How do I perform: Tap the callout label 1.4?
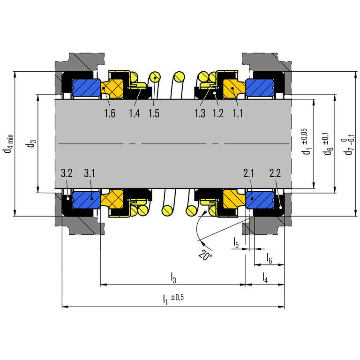(135, 113)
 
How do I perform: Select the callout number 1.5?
(154, 113)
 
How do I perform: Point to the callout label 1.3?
(199, 113)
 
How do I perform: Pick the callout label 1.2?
(218, 113)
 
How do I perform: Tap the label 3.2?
(66, 173)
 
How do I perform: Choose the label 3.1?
(90, 173)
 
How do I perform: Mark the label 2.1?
(249, 173)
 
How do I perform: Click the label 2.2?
(275, 173)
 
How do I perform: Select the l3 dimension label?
(173, 277)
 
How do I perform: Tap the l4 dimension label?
(265, 277)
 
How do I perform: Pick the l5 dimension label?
(236, 243)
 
